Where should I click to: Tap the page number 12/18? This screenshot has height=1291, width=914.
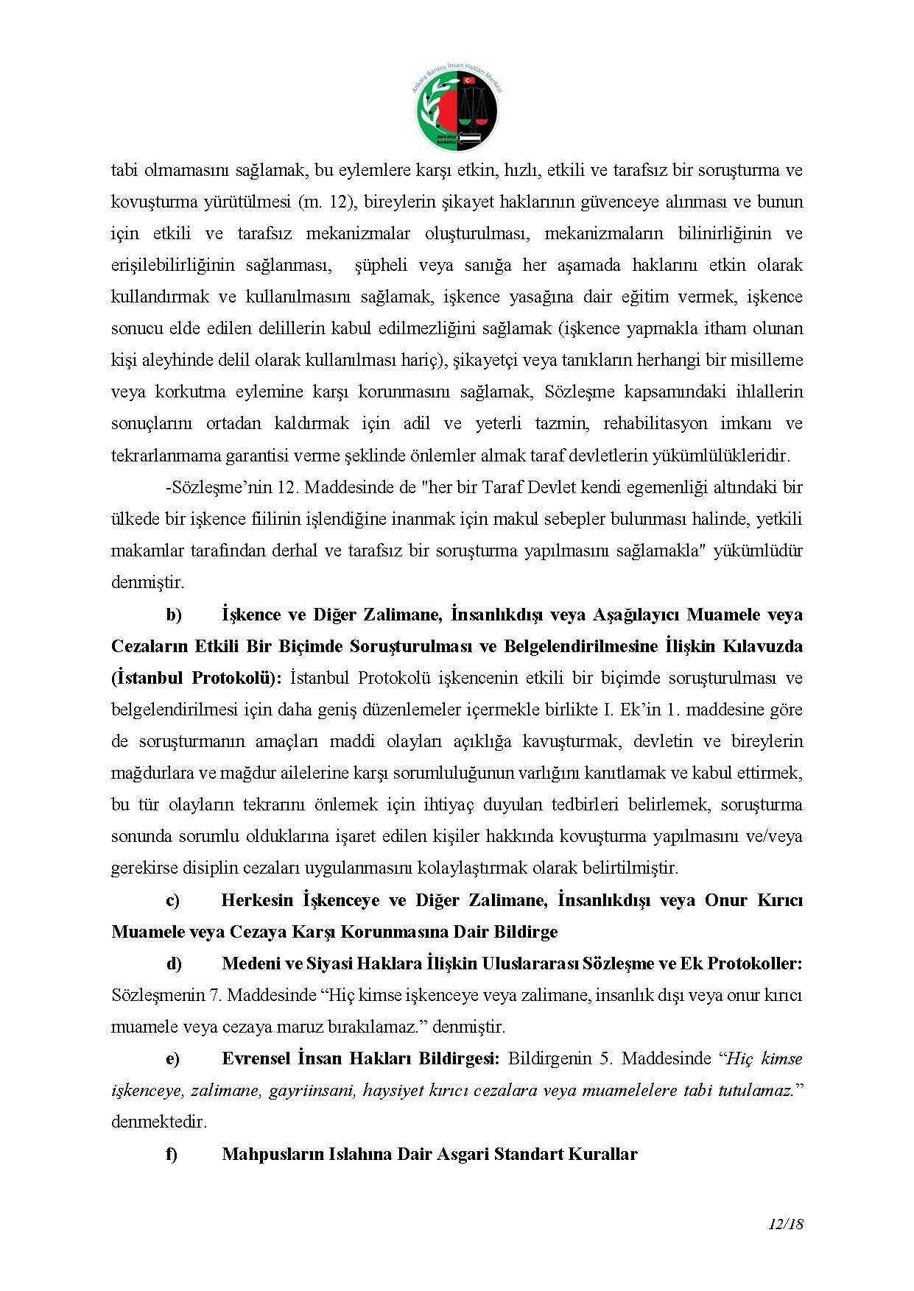coord(784,1225)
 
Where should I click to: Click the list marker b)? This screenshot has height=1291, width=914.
coord(173,615)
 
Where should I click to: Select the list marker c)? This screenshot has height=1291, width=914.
coord(172,900)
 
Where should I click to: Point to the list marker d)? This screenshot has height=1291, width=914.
coord(173,963)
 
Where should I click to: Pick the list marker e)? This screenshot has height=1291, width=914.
coord(172,1058)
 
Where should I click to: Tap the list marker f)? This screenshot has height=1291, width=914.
coord(172,1153)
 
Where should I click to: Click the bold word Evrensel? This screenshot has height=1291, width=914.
coord(256,1058)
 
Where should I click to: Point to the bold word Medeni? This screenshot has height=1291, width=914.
coord(250,963)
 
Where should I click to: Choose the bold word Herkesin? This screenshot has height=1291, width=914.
coord(257,900)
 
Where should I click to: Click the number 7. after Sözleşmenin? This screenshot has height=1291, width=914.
coord(217,995)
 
